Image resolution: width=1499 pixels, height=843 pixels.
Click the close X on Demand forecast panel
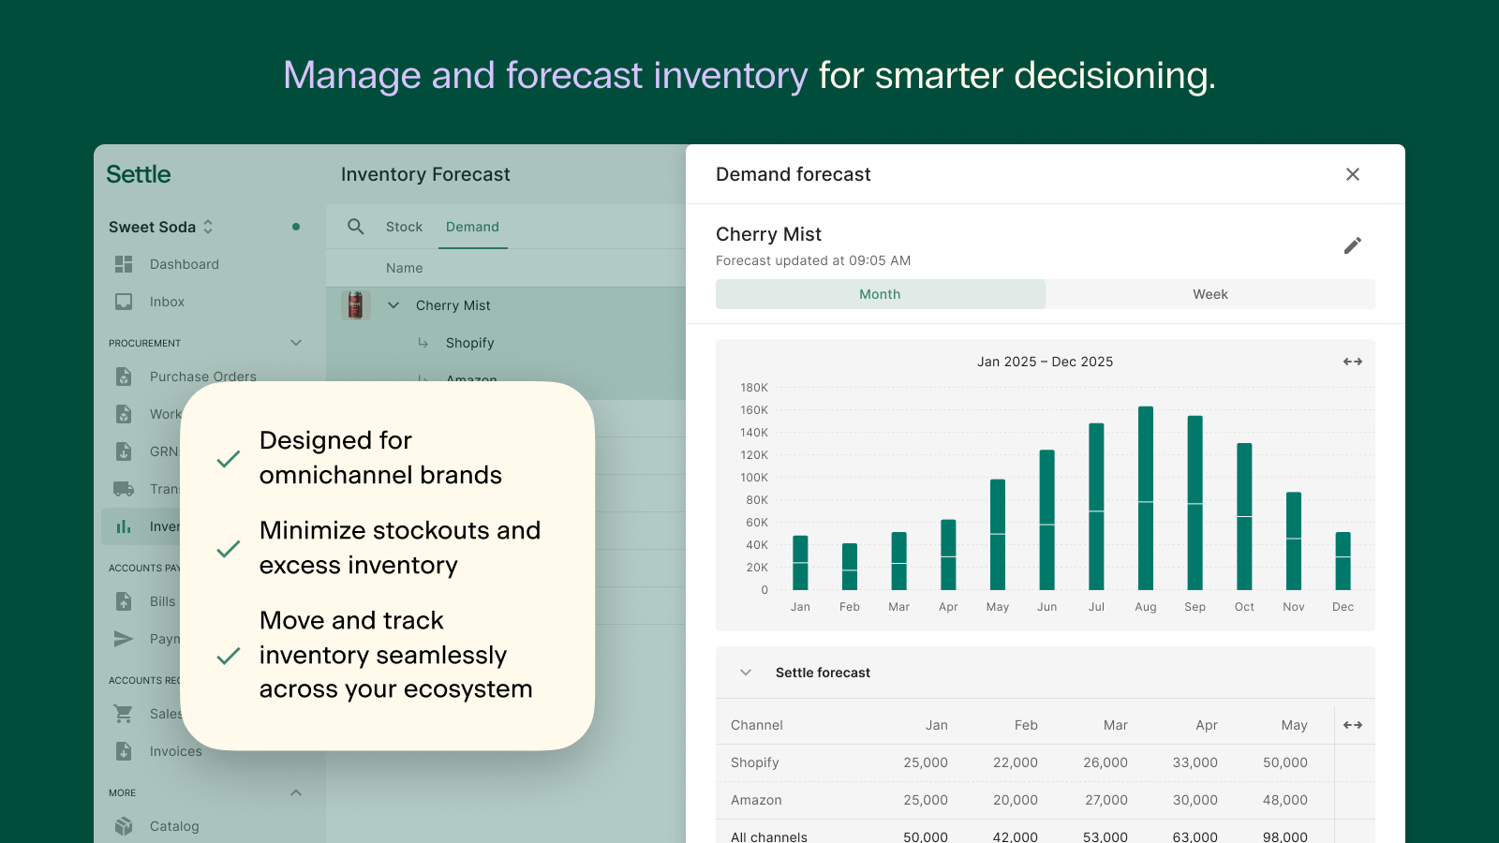(1352, 174)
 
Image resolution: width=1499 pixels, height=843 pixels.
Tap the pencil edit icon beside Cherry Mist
(1352, 245)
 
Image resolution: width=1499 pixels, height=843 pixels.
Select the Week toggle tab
(1210, 294)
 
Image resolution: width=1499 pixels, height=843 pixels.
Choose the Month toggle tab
(880, 294)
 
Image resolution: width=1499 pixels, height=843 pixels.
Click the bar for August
(1145, 498)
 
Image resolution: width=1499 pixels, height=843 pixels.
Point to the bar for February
(850, 567)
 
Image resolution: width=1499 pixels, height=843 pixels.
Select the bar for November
(1294, 541)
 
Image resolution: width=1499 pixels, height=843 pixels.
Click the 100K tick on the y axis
(754, 478)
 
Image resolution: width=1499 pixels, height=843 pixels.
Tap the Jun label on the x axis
(1046, 607)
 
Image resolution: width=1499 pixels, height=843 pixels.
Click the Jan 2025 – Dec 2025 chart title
(1045, 362)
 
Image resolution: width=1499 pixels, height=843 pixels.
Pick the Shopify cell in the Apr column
(1195, 762)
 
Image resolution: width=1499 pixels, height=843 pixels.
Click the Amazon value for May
(1284, 800)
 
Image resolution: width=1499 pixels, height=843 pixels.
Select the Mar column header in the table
(1115, 725)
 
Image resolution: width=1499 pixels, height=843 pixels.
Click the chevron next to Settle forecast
(746, 673)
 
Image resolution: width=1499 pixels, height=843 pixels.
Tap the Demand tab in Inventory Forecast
(472, 227)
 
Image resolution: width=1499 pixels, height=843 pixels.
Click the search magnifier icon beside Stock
(356, 227)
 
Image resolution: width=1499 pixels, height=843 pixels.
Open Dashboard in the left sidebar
(184, 264)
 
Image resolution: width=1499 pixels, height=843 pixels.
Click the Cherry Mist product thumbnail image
(355, 305)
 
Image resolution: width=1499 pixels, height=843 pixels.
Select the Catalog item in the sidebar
(174, 826)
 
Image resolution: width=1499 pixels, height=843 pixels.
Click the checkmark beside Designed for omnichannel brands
(229, 459)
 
